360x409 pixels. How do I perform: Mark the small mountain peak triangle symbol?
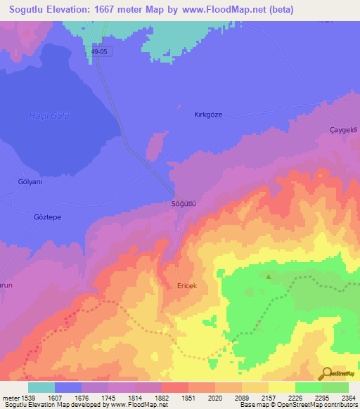268,276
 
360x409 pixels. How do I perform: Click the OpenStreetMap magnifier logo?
326,373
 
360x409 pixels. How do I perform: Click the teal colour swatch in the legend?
41,387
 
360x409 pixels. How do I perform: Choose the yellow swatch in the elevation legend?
281,387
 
